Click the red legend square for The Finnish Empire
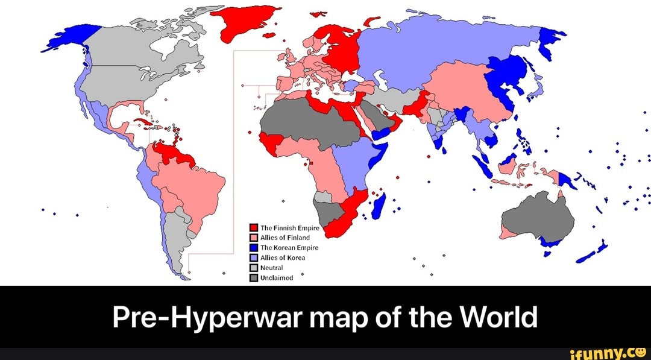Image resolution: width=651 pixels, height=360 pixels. pos(254,228)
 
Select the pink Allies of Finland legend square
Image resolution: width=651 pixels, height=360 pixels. pos(254,238)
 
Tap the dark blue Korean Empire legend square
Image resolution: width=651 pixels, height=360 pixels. pos(254,248)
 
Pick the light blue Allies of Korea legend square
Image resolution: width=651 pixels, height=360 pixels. pos(254,257)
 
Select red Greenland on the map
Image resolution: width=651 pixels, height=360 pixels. pos(245,24)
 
